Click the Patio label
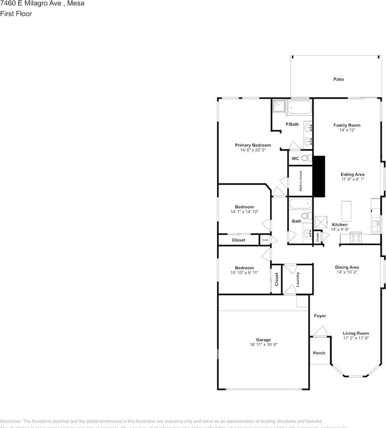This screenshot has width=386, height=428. click(339, 79)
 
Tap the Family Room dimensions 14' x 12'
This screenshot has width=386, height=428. click(347, 130)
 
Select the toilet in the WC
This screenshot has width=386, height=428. click(306, 158)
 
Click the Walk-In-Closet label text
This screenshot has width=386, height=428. click(300, 181)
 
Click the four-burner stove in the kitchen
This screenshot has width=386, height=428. click(356, 239)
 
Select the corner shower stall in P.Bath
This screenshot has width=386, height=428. click(279, 106)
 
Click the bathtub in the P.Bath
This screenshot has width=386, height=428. click(300, 107)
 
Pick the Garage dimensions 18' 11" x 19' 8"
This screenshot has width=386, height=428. click(263, 345)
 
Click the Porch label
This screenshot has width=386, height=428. click(319, 353)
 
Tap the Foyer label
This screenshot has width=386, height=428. click(320, 316)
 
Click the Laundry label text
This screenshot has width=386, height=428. click(297, 279)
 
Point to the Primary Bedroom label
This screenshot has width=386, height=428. click(253, 145)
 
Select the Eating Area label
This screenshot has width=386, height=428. click(353, 174)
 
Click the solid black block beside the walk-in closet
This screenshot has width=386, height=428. click(319, 176)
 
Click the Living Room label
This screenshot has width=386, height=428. click(356, 333)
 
